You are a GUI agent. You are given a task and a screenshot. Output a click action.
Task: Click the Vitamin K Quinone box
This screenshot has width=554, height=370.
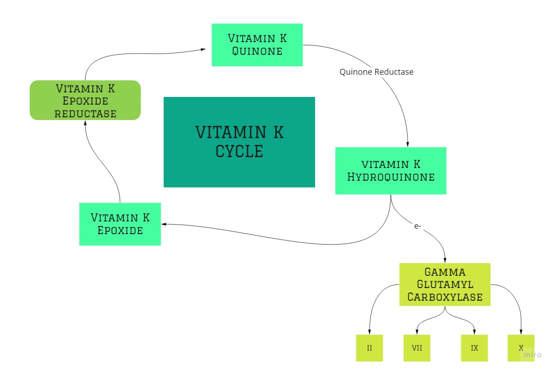[x=257, y=45]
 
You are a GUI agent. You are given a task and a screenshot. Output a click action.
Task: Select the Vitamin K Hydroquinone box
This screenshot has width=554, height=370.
[x=390, y=171]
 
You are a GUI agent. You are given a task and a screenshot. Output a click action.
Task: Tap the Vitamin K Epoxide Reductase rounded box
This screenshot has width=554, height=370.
[x=85, y=100]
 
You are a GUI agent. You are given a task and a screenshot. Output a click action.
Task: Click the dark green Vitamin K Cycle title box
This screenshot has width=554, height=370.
[x=239, y=142]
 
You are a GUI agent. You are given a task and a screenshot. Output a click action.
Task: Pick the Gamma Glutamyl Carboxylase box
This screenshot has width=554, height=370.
[x=444, y=284]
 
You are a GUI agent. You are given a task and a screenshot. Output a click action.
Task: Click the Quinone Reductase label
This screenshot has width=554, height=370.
[x=376, y=72]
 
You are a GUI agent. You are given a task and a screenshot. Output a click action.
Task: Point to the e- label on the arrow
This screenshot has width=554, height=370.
[x=418, y=226]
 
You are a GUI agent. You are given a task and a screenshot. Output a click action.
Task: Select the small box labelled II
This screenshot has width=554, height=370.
[x=369, y=348]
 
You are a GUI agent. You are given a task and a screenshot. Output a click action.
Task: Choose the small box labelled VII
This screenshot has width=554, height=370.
[x=417, y=348]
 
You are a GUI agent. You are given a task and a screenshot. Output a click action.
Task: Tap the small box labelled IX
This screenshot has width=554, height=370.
[x=474, y=348]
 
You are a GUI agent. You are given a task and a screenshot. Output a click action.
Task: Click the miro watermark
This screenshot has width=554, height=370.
[x=532, y=355]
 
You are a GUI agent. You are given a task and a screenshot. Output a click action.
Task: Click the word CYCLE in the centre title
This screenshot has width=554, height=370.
[x=239, y=151]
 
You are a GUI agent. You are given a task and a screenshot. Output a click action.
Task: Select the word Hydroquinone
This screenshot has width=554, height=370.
[x=390, y=177]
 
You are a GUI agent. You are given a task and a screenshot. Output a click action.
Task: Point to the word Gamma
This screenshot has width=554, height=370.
[x=444, y=273]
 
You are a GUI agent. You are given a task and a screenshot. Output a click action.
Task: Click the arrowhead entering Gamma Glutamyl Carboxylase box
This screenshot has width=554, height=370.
[x=444, y=259]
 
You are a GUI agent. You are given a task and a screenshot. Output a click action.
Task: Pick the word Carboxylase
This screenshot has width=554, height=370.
[x=444, y=297]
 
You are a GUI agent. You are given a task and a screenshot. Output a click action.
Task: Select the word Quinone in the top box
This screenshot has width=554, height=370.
[x=257, y=51]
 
